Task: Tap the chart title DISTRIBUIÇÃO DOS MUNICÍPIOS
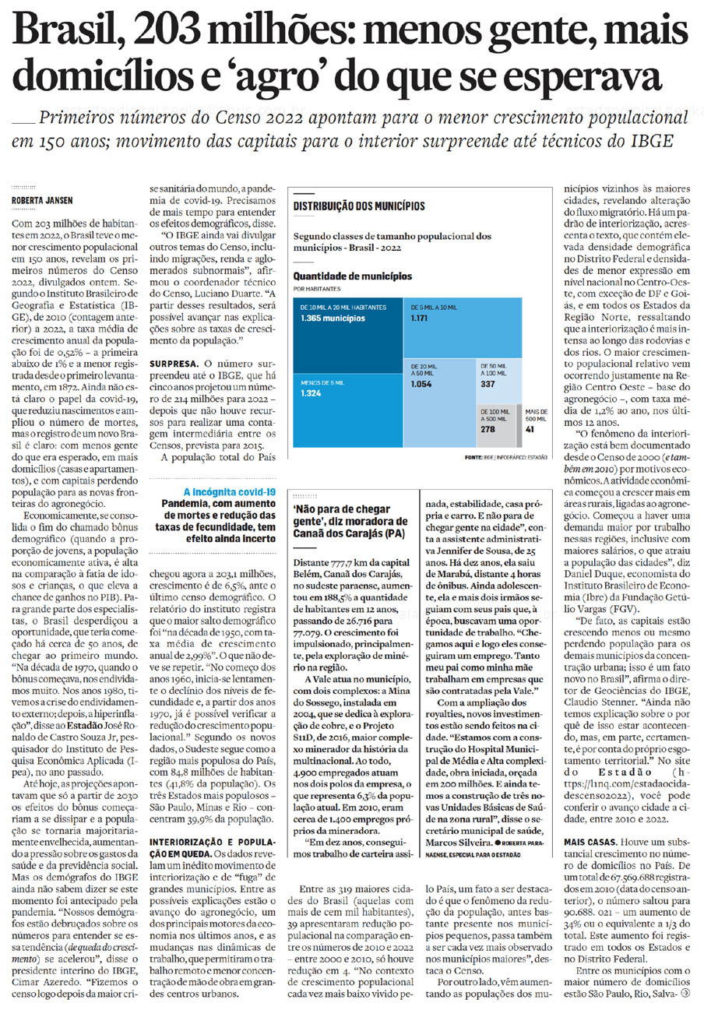(358, 206)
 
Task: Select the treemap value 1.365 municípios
(333, 318)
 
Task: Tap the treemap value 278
(488, 428)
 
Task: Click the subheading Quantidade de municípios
(353, 276)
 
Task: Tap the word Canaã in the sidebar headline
(312, 533)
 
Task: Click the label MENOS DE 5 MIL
(320, 382)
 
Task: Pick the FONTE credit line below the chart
(505, 456)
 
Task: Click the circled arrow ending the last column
(685, 993)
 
